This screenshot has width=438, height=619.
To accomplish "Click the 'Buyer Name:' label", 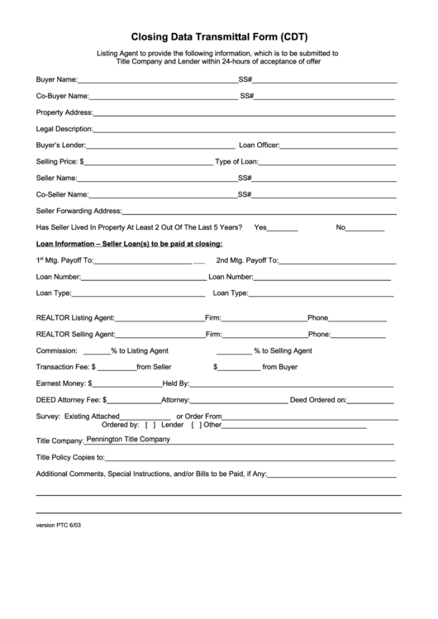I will coord(56,81).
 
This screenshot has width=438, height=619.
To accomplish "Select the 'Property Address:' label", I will coord(64,112).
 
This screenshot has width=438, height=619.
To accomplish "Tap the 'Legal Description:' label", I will coord(64,129).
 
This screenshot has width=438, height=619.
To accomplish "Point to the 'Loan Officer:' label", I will coord(259,145).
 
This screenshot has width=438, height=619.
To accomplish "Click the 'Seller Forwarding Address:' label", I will coord(79,211).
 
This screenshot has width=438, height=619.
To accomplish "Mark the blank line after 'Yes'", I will coord(283,227).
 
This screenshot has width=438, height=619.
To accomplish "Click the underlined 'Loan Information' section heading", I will coord(129,244).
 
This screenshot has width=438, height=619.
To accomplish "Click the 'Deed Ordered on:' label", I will coord(317,400).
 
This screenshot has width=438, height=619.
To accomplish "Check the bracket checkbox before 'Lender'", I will coord(150,425).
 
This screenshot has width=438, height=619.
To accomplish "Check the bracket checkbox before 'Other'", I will coord(196,425).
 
